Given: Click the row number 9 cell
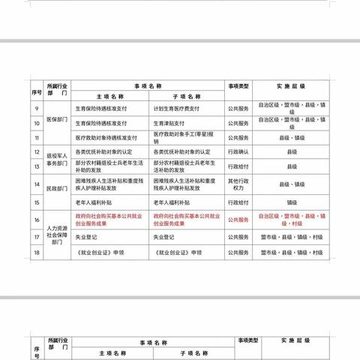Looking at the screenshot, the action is [x=36, y=109].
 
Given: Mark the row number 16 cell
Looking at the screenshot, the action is [x=36, y=218].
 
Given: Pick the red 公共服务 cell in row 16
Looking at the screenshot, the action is [x=241, y=218].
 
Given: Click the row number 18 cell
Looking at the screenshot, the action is [x=36, y=254].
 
